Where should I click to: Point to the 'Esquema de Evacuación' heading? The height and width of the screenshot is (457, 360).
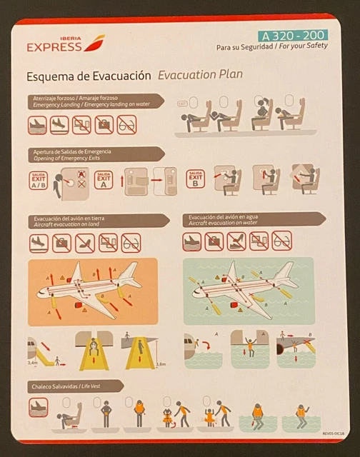(x=89, y=75)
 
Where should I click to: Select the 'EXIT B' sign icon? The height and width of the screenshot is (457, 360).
(x=195, y=179)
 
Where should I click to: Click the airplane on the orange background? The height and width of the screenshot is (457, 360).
(x=90, y=288)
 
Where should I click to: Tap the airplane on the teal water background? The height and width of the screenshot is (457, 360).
(x=247, y=288)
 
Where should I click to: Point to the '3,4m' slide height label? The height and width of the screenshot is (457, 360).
(x=32, y=363)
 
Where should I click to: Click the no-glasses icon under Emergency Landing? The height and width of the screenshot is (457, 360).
(x=126, y=125)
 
